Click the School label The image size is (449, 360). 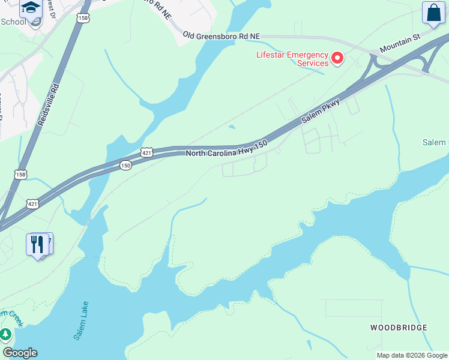point(13,22)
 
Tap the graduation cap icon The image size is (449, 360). point(29,8)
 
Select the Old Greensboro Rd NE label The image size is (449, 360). point(221,37)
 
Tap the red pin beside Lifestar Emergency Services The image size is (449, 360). point(337,58)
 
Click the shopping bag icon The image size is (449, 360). point(433,13)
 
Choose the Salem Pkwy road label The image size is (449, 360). point(321,112)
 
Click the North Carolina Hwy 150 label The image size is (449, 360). point(226,148)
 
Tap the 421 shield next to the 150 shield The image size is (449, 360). point(148,153)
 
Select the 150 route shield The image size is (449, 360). point(125,165)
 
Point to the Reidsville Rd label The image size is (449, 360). point(48,104)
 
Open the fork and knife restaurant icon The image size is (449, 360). point(37,244)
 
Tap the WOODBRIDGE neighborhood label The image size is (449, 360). point(399,328)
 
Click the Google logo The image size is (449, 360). point(20,353)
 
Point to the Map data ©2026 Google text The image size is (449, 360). point(412,355)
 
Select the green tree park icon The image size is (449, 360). point(5,334)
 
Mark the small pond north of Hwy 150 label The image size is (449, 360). point(232,127)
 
